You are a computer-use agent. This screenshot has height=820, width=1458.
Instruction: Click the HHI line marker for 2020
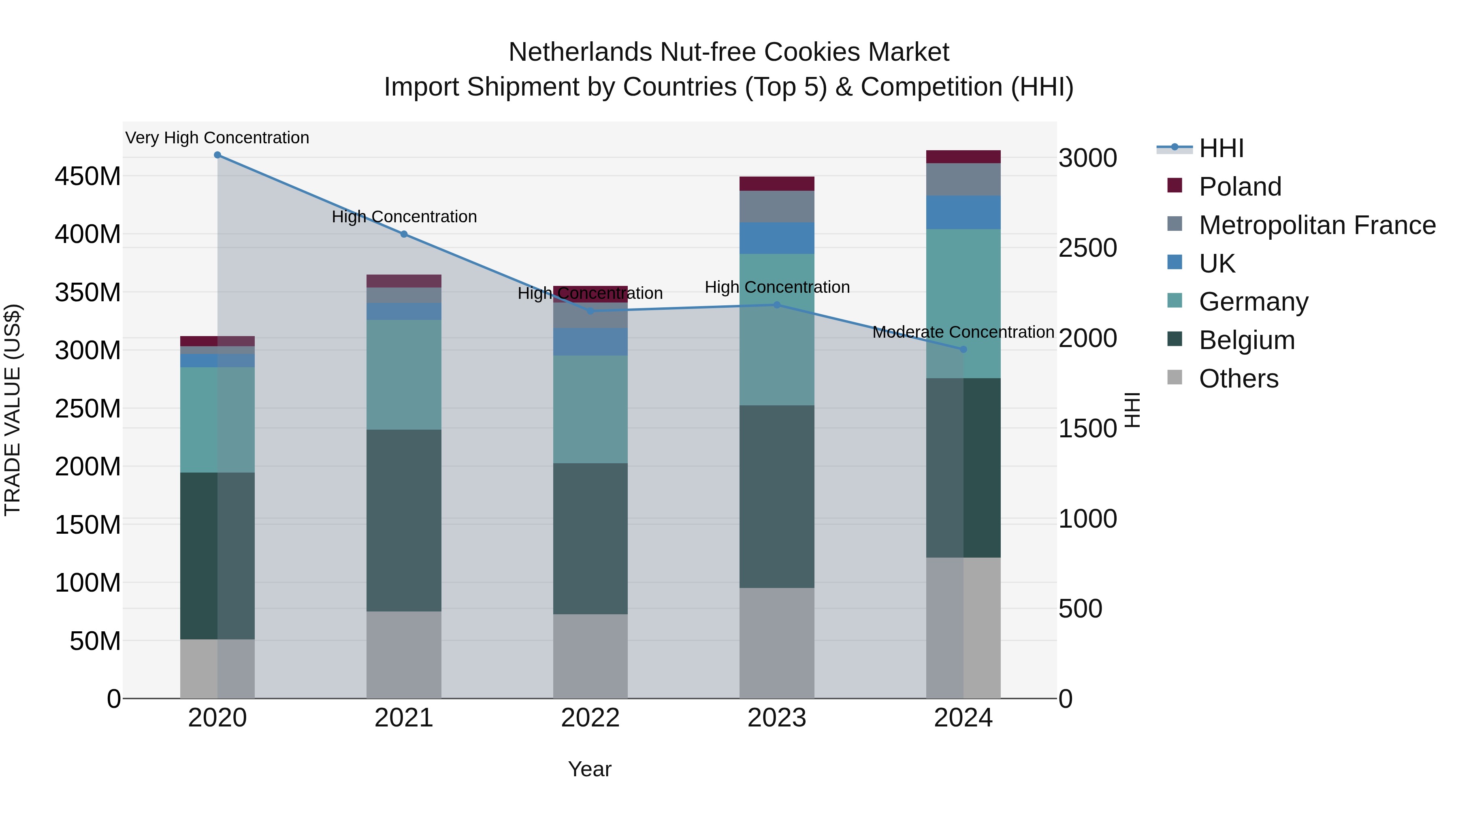(217, 155)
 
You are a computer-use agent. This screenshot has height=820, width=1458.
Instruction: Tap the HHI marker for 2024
(963, 349)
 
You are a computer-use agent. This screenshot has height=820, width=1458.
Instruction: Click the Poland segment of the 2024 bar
(963, 157)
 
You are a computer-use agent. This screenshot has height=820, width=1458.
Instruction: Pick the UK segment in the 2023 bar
(776, 238)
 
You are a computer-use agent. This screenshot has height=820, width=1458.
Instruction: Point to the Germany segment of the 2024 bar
(963, 303)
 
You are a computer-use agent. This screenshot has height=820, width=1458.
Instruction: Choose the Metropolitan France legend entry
(1317, 225)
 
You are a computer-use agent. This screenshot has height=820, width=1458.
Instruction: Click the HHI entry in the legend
(1221, 148)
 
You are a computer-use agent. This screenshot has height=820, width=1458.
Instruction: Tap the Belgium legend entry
(1246, 340)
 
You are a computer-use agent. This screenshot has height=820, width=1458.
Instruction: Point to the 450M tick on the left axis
(88, 177)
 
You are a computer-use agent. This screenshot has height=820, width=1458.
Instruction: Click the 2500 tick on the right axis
(1087, 248)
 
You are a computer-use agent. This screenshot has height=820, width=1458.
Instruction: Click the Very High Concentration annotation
(217, 138)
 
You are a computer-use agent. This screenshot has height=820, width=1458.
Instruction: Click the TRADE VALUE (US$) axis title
(13, 410)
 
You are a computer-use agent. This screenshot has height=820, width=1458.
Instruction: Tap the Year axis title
(589, 769)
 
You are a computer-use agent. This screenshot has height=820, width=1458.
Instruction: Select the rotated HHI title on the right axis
(1132, 410)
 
